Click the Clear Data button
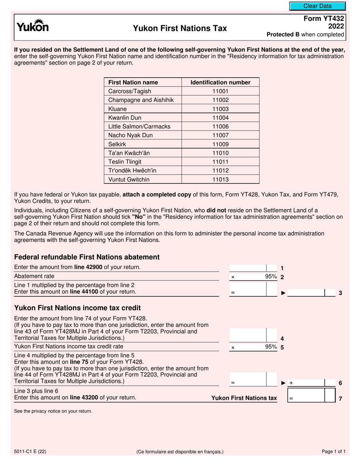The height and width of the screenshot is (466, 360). (318, 6)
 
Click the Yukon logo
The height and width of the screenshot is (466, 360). (32, 26)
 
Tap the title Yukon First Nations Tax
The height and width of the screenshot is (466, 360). (180, 28)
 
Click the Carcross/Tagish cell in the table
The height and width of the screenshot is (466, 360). (130, 91)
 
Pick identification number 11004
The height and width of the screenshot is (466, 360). (221, 118)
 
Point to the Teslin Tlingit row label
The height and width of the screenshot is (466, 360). (125, 162)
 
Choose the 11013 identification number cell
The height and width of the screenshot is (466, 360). (221, 180)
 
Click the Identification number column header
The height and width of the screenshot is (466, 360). (221, 83)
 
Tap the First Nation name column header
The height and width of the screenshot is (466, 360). (133, 83)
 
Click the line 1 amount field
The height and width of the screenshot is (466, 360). (248, 268)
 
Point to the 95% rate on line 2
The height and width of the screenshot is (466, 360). (271, 277)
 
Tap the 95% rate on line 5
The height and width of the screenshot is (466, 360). (271, 347)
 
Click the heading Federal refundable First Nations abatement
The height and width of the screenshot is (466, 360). (87, 257)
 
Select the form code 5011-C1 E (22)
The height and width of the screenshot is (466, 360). (31, 451)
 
